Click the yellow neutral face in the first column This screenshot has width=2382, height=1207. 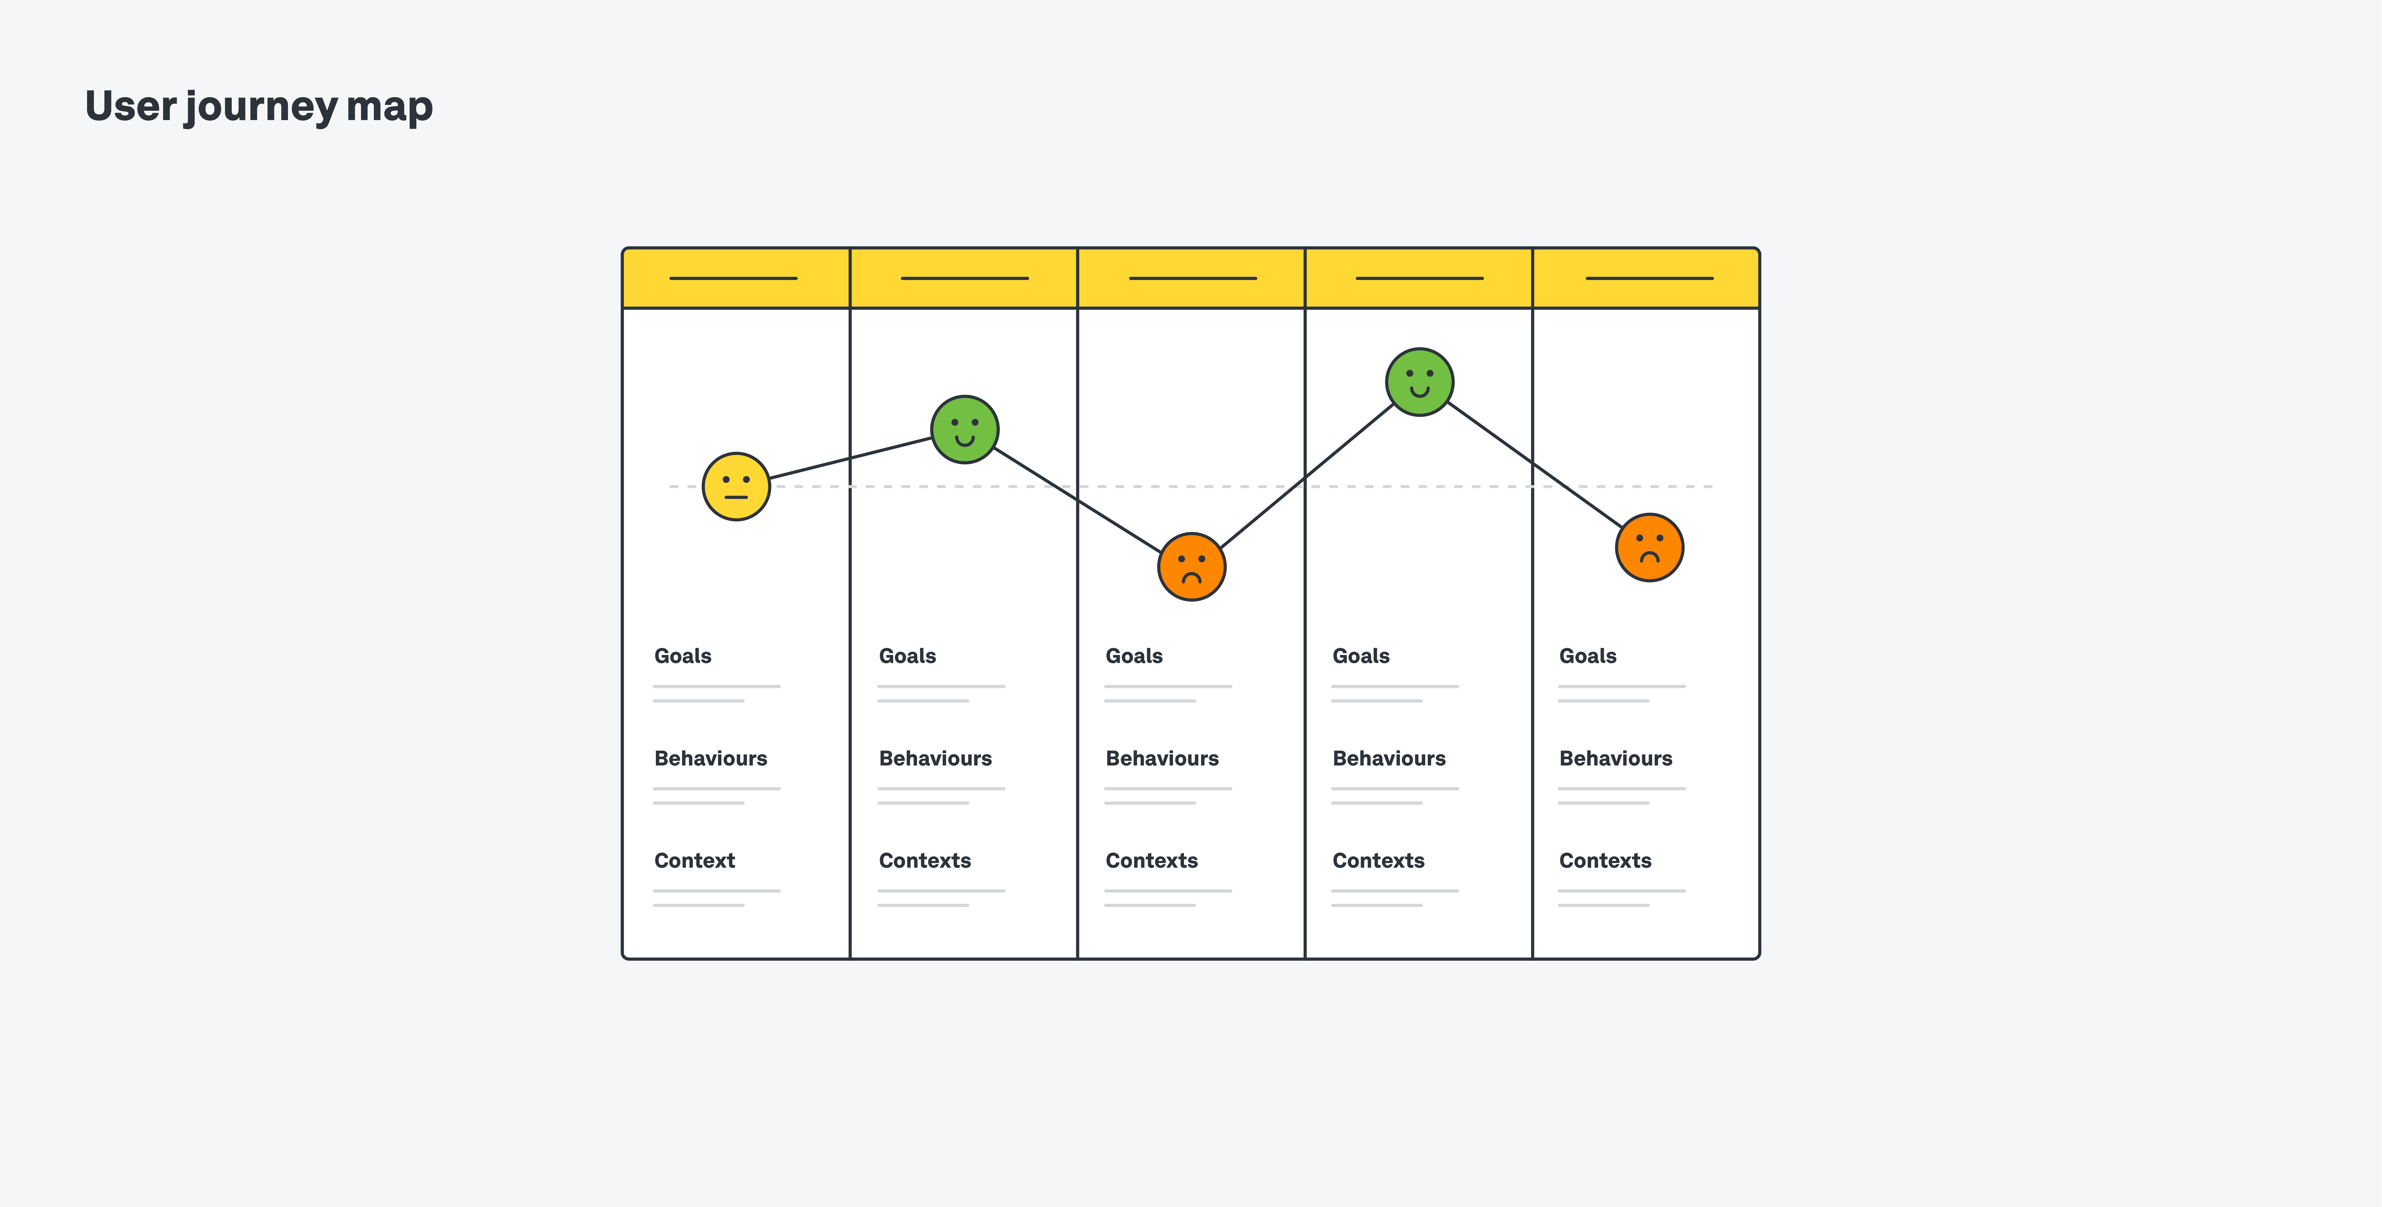736,487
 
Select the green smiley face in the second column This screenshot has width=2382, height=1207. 965,429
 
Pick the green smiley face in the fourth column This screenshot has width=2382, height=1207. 1419,382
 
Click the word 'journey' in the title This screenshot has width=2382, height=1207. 262,107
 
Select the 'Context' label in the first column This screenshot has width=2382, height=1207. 694,860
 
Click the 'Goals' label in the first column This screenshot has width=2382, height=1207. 682,656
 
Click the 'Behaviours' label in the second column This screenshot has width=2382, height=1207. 935,758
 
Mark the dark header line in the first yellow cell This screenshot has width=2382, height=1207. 733,277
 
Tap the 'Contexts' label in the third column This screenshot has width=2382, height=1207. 1151,860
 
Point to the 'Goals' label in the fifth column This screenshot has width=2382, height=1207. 1588,656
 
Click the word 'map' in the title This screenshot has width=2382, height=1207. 389,107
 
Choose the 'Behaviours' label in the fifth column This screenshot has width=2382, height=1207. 1615,758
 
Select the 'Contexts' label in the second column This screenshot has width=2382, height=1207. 925,860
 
